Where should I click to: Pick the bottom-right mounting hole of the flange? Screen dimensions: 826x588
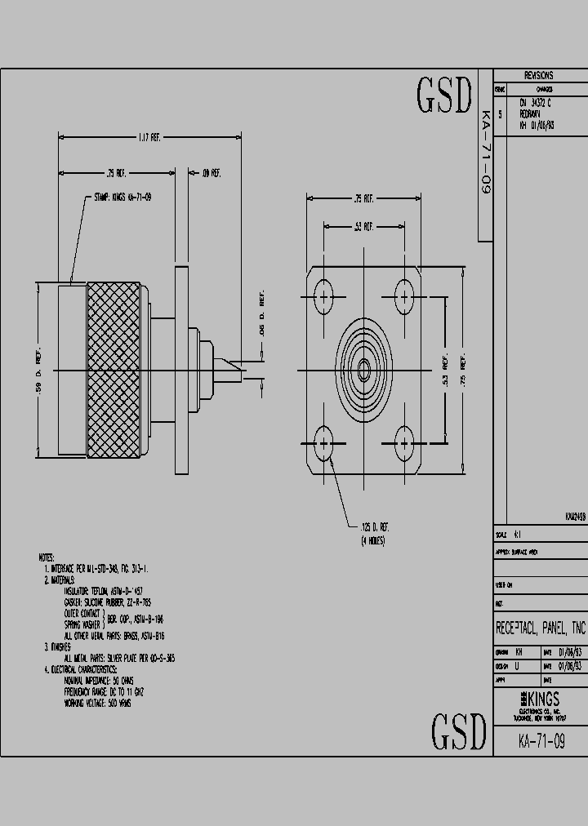point(404,444)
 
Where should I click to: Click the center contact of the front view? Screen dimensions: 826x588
point(364,370)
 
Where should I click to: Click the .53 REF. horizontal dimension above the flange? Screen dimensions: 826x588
point(363,225)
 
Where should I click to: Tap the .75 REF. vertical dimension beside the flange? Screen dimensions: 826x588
point(463,370)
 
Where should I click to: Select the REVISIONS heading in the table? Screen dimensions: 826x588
point(538,75)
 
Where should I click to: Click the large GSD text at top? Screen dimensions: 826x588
point(445,96)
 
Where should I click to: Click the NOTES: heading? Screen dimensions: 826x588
point(47,557)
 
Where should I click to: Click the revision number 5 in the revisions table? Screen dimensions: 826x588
point(501,115)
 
